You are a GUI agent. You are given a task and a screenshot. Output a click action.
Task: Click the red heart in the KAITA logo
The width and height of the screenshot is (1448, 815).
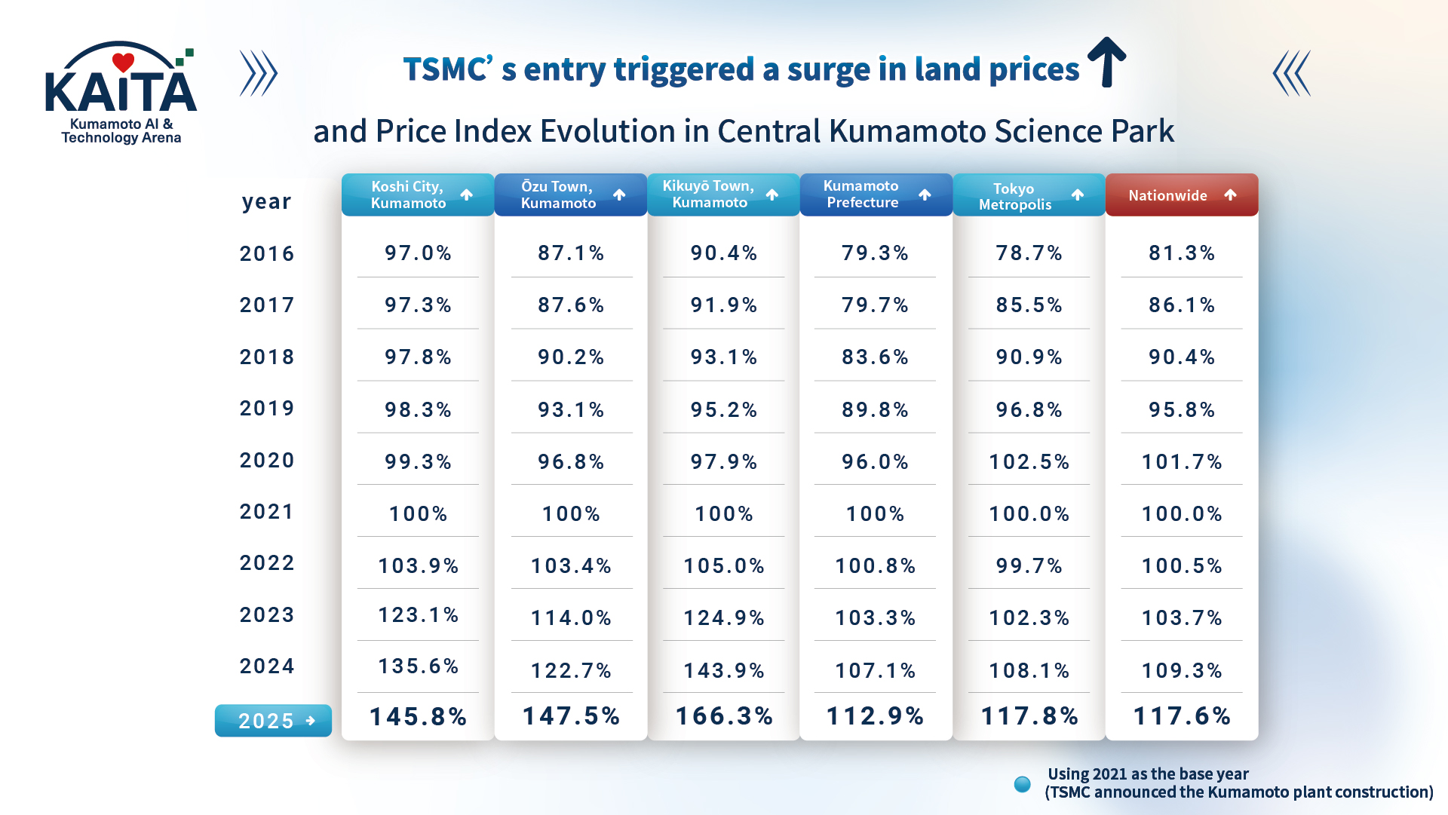pos(123,62)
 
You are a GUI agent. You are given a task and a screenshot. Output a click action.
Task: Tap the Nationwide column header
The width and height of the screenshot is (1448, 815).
pos(1181,195)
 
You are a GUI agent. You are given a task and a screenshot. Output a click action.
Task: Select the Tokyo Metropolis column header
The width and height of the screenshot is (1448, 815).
pos(1029,195)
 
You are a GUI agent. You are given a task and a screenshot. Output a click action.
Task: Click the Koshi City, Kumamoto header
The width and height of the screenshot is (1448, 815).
pos(417,195)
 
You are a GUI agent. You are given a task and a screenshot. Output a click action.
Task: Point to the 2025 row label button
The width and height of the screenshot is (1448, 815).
pos(273,721)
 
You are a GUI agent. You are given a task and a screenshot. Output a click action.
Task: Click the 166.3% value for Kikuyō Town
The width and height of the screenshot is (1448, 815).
pos(724,716)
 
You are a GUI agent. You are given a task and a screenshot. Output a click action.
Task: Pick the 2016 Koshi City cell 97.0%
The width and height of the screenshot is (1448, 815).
pos(418,253)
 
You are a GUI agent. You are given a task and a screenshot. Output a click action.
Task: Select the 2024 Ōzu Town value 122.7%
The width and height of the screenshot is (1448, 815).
pos(571,670)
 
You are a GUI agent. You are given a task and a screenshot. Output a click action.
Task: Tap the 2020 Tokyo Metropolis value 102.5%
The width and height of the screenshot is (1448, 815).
pos(1029,461)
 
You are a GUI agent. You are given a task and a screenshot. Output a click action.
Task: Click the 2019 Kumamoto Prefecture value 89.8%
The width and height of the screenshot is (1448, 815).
pos(875,409)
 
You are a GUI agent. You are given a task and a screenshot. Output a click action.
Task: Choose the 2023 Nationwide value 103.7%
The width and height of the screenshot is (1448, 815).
pos(1182,618)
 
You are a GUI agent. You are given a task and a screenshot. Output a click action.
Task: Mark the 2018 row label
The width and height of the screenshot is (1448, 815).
pos(267,357)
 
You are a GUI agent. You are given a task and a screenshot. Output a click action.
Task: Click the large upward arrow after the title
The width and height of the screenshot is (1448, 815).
pos(1106,62)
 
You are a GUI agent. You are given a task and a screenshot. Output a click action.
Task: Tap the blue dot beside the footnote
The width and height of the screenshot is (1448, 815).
pos(1023,784)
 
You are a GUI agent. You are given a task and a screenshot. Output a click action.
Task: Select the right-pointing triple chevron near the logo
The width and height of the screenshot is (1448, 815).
pos(259,73)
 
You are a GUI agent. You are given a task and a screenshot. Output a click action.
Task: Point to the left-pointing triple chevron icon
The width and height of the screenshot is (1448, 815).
pos(1291,73)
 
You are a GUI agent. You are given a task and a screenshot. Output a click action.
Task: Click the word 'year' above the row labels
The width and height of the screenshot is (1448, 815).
pos(266,202)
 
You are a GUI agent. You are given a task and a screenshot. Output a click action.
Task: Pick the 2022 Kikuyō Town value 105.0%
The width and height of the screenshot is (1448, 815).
pos(724,566)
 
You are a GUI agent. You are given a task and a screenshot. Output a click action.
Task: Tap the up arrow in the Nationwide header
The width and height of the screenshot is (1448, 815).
pos(1230,195)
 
